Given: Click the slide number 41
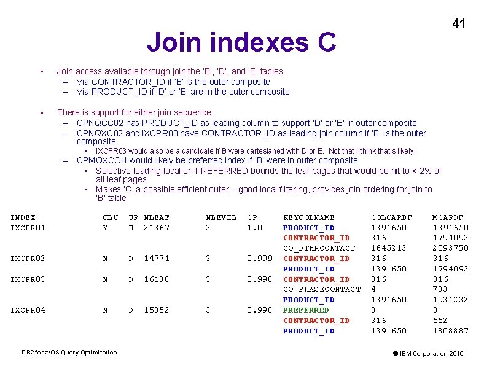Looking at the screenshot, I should [459, 24].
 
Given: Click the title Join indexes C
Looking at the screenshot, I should [241, 42].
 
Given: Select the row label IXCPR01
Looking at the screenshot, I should [28, 228].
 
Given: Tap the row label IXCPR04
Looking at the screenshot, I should [28, 310].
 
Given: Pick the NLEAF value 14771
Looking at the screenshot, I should [157, 259].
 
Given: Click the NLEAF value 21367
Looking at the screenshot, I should [157, 228].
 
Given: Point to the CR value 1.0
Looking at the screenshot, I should [254, 228].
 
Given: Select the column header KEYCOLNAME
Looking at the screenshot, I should [309, 217].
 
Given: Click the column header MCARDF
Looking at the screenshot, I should [448, 217].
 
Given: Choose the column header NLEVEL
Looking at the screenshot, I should [221, 217].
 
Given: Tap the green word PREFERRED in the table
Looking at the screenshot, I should [306, 310].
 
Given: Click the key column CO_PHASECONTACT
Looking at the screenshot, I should [322, 289].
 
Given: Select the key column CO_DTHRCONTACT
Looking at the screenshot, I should [319, 248].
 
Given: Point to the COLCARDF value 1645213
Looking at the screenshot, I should [389, 248].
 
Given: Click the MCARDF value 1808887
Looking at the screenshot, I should [450, 331].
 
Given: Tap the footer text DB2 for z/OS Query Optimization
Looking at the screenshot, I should [69, 353].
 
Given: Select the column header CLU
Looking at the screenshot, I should [111, 217].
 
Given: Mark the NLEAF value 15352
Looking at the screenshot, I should [157, 310].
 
